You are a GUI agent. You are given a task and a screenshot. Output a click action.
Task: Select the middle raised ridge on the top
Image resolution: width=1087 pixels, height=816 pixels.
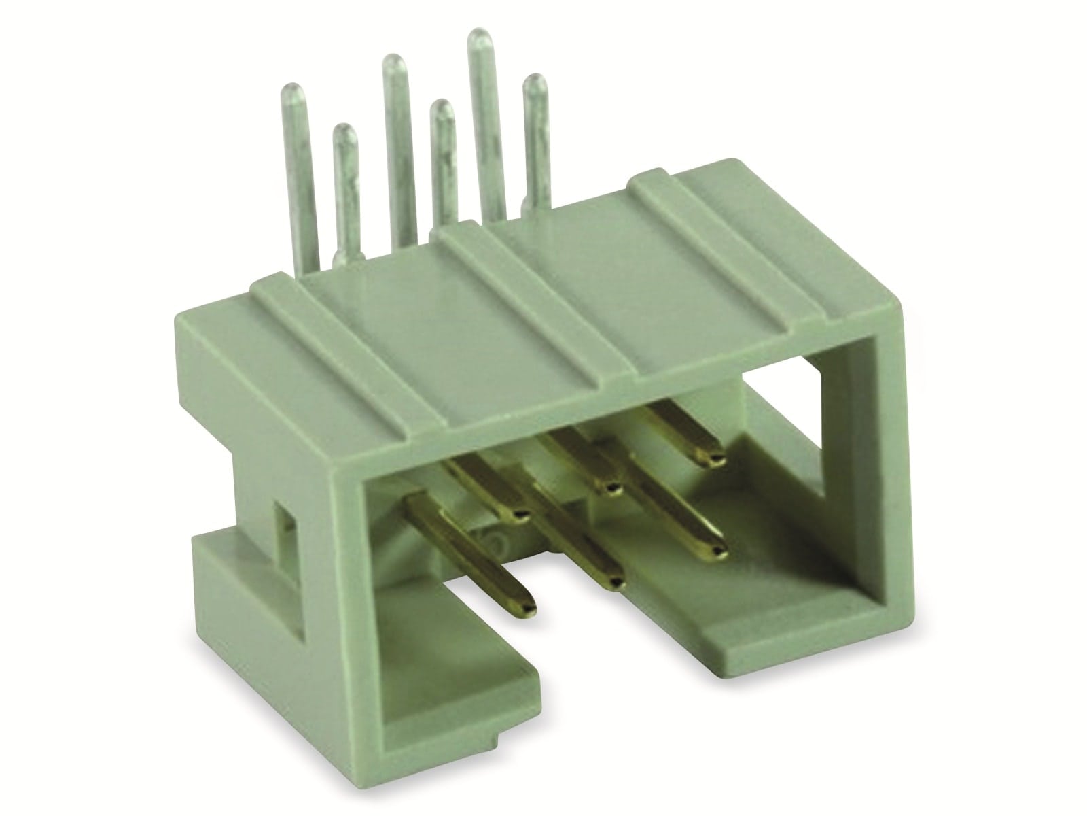[537, 320]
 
